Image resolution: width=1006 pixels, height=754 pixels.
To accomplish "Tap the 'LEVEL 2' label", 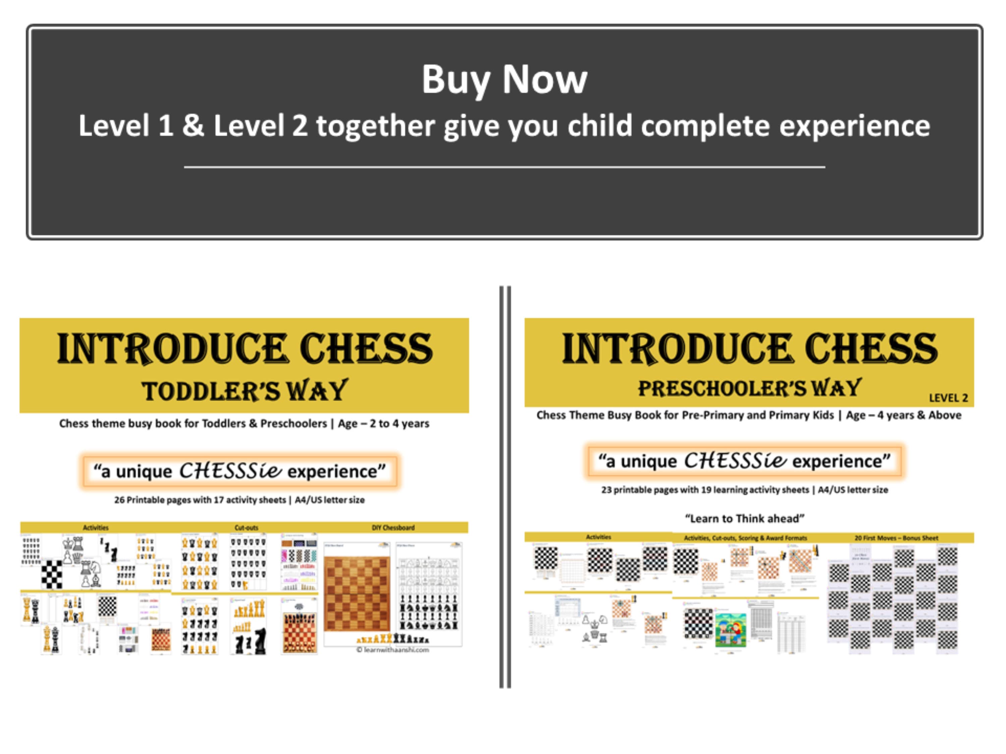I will click(948, 398).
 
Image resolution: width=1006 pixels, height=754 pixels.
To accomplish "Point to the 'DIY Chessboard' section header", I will click(393, 528).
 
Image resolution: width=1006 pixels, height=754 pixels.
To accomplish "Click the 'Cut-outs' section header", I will click(246, 528).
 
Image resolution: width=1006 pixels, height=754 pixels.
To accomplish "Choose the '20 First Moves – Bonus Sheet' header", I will click(896, 538).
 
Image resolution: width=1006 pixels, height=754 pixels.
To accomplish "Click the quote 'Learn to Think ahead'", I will click(744, 518).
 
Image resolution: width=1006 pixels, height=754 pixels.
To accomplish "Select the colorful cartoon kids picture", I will click(730, 629).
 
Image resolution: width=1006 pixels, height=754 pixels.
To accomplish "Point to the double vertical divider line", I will click(505, 486).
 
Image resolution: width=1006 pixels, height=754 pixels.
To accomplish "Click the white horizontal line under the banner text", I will click(504, 167).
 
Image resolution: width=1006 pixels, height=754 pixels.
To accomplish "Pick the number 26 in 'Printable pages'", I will click(119, 500).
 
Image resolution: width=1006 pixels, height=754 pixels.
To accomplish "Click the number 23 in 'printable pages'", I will click(606, 490).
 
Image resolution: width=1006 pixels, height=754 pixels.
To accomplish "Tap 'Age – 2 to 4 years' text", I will click(383, 424).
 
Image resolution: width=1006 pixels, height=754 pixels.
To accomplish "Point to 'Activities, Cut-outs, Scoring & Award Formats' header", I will click(745, 538).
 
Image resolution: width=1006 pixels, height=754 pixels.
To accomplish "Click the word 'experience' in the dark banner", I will click(854, 126).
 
